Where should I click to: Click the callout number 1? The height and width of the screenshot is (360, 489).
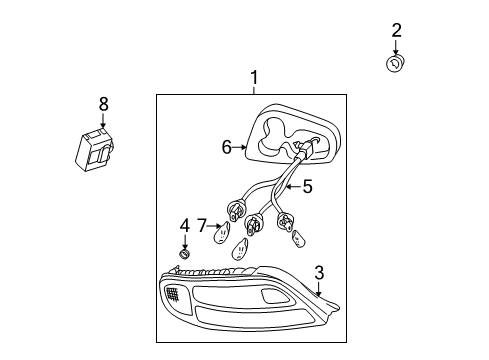pos(254,78)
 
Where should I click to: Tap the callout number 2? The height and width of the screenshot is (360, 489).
pos(396,31)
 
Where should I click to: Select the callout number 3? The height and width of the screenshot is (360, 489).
pos(318,272)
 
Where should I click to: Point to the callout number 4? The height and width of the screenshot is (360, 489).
pos(184,226)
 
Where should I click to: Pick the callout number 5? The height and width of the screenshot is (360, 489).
pos(307,185)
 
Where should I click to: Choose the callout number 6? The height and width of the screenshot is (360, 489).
pos(227,147)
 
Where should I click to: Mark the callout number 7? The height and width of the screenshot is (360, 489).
pos(201,227)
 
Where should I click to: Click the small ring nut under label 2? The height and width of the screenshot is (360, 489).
pos(395,65)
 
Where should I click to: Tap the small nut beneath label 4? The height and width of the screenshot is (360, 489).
pos(183,256)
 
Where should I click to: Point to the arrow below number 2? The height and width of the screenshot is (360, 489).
pos(396,48)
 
